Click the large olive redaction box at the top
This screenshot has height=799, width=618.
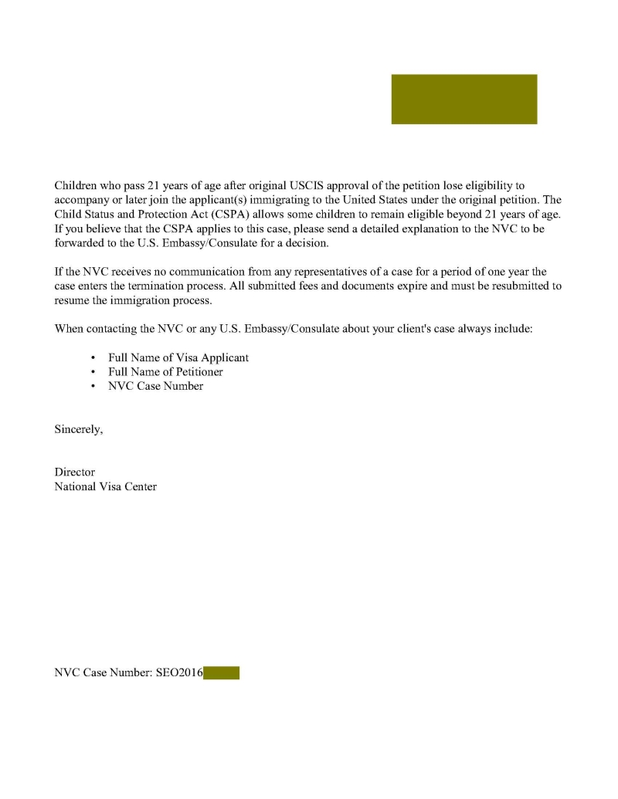(463, 99)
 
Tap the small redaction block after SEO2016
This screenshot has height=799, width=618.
(221, 673)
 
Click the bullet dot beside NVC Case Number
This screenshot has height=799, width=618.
(93, 387)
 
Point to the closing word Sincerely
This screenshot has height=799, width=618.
(78, 429)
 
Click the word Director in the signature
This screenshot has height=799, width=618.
(75, 472)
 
